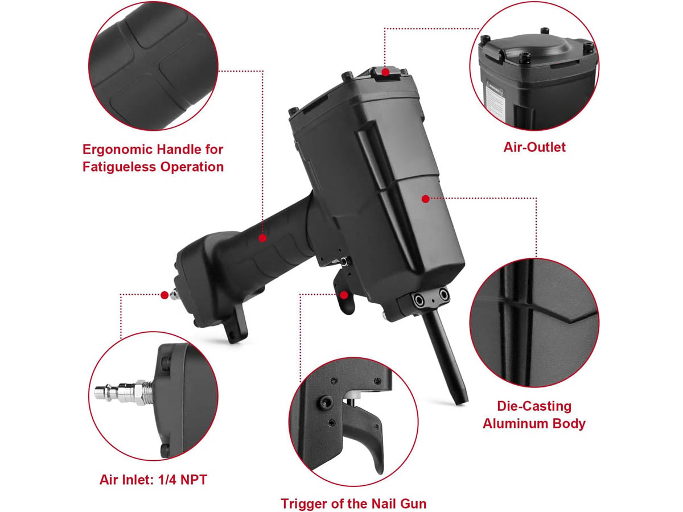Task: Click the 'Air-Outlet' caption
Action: click(534, 147)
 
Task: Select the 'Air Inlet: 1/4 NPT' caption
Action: click(153, 480)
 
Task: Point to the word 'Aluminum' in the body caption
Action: click(515, 424)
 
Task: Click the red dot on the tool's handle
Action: click(262, 238)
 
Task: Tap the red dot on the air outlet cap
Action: click(385, 72)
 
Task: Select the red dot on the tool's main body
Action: click(426, 199)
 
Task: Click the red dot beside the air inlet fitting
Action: click(164, 295)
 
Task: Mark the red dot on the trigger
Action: click(344, 295)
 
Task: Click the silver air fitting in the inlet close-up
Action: click(124, 393)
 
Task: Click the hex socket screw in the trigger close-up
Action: click(325, 403)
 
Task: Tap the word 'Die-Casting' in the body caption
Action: click(534, 406)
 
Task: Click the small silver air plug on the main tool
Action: click(174, 294)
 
